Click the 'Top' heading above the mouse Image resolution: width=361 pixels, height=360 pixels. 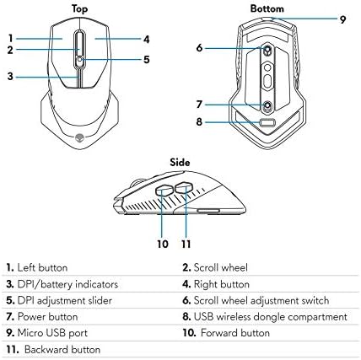pos(81,8)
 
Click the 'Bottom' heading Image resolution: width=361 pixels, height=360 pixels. pos(268,8)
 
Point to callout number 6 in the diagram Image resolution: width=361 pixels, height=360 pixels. pos(200,48)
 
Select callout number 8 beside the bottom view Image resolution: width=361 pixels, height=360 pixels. pos(200,121)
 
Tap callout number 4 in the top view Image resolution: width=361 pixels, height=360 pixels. pos(146,39)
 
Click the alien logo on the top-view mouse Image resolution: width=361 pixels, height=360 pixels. pos(81,132)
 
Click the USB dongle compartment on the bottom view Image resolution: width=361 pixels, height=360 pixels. pos(267,121)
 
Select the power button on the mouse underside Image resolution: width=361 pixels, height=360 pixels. pos(267,105)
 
